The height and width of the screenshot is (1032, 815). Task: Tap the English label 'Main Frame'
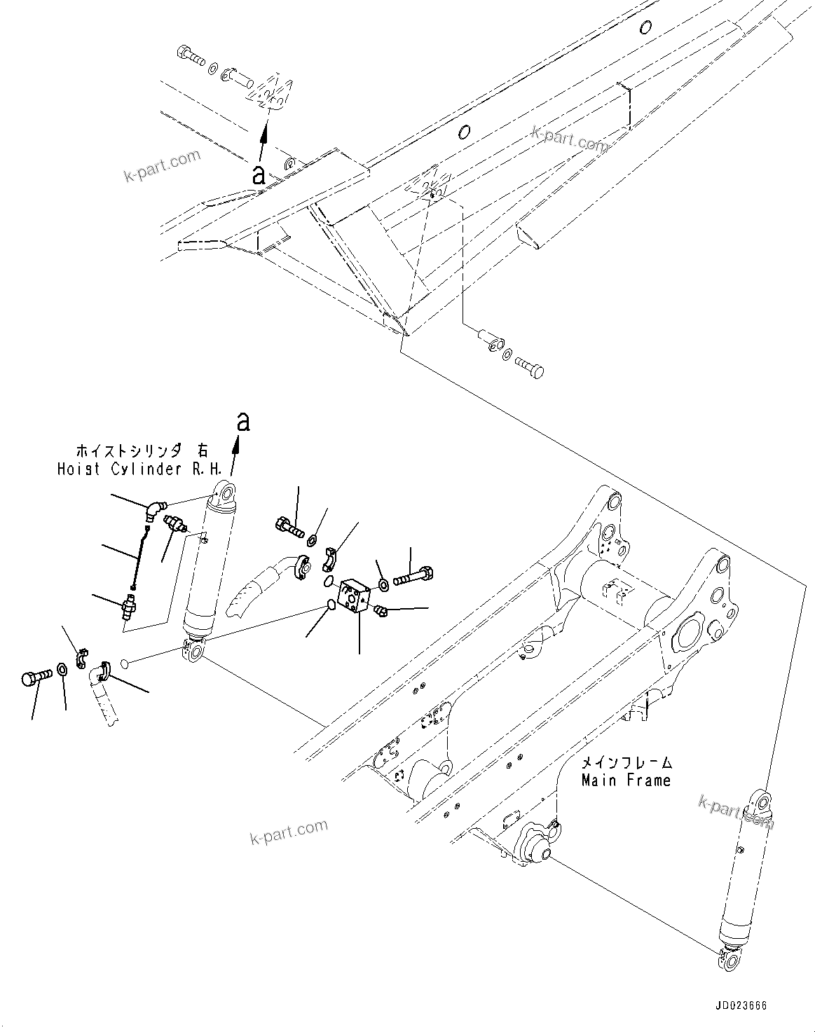tap(626, 780)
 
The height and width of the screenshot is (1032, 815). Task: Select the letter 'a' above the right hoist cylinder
tap(242, 422)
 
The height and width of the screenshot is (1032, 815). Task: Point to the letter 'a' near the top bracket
tap(259, 174)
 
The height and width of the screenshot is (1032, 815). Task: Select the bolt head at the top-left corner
tap(190, 53)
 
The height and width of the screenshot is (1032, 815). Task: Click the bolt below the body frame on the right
tap(530, 367)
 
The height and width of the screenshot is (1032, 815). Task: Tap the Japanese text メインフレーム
tap(626, 762)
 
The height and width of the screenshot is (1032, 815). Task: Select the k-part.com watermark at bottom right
tap(736, 813)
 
